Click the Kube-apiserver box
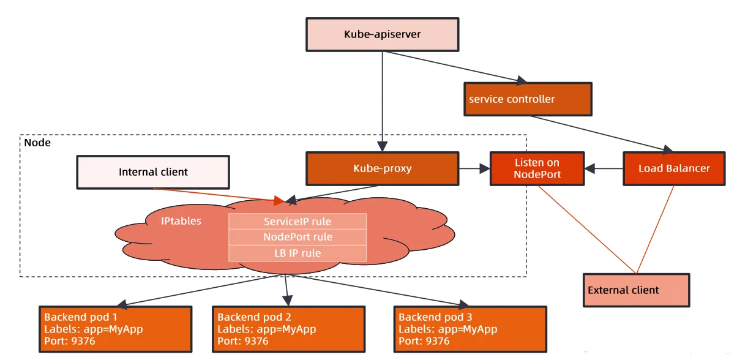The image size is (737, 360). (x=383, y=34)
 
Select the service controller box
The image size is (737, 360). (x=528, y=99)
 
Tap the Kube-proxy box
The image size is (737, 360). (x=383, y=168)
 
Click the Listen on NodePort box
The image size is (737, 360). (x=536, y=168)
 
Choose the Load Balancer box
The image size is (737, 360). (x=674, y=168)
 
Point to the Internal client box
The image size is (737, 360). (x=153, y=172)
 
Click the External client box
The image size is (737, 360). (x=636, y=290)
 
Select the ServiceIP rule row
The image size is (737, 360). (x=297, y=221)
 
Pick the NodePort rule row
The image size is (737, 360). (x=297, y=237)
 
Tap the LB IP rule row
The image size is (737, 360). (x=297, y=253)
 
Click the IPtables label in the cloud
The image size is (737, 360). (x=181, y=220)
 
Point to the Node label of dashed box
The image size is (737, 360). (x=37, y=143)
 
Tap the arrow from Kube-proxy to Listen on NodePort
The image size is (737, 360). (x=474, y=167)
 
